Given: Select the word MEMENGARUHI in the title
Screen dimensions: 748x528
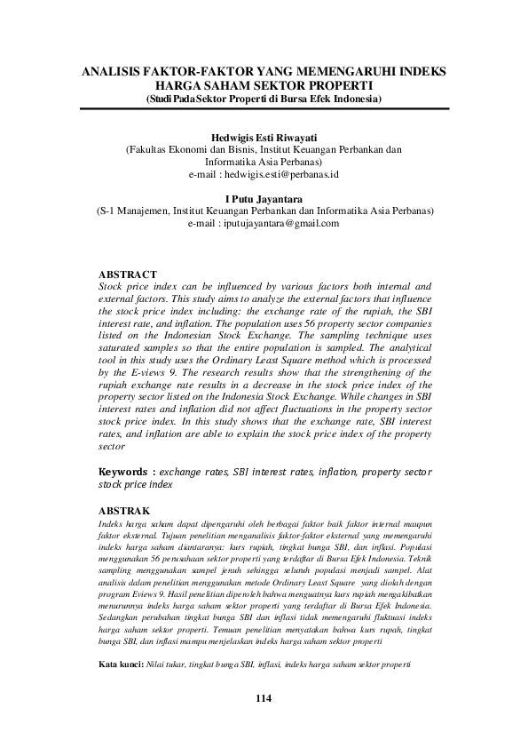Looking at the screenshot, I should (345, 70).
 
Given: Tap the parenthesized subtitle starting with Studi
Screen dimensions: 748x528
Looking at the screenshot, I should (264, 99).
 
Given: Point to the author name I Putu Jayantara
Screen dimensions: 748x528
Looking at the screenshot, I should (264, 200).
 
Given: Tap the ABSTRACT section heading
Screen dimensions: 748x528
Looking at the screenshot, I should (128, 275).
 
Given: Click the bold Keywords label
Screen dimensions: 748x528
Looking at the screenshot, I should (127, 471).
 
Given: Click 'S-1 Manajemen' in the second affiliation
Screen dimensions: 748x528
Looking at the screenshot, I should (136, 211).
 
